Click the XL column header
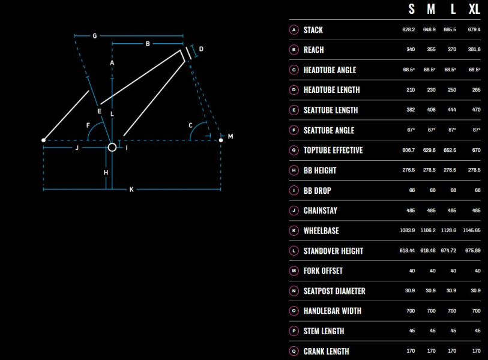474,9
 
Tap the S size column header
411,9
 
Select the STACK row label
313,30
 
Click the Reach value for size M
431,49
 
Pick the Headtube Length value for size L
452,90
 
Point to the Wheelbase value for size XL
472,230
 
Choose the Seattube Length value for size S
411,110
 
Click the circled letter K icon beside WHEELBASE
294,230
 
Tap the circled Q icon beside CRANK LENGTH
294,351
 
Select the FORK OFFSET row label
323,271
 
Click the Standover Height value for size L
448,250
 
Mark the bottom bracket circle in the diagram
112,147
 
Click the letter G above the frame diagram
95,36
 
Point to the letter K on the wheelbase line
131,190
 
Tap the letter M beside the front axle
230,136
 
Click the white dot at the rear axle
44,140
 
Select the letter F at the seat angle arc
88,125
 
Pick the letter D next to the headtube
201,49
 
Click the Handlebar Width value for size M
431,311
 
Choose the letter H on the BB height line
106,172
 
